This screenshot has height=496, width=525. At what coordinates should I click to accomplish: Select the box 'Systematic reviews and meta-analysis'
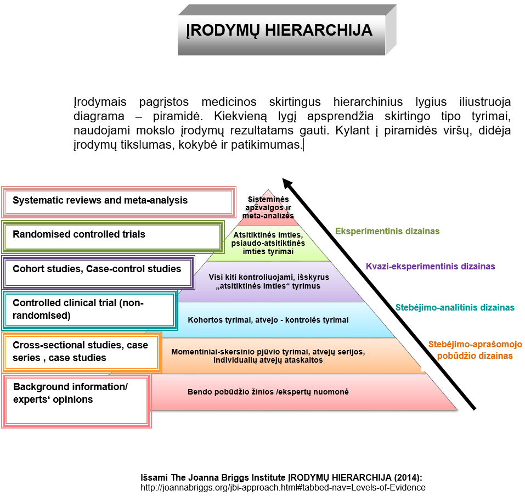coord(117,201)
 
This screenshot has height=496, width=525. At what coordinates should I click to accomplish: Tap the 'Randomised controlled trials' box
coord(113,235)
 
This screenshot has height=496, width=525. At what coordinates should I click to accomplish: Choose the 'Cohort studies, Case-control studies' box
coord(98,270)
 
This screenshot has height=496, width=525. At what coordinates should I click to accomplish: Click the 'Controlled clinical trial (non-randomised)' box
coord(88,309)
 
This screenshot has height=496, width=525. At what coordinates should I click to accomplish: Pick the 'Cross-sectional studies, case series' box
coord(81,352)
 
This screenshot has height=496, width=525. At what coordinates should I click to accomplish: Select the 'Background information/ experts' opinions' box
coord(77,401)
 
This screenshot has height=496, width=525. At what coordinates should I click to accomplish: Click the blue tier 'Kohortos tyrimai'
coord(268,320)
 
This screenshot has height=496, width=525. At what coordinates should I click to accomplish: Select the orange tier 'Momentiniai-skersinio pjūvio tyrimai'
coord(268,356)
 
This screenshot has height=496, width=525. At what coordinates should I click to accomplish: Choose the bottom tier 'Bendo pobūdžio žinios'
coord(268,392)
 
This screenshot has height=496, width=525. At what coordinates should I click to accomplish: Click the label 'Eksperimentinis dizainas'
coord(387,232)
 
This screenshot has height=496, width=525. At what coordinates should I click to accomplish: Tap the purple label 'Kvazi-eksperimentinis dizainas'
coord(431,267)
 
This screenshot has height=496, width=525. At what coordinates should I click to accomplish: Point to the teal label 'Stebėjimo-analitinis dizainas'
coord(455,308)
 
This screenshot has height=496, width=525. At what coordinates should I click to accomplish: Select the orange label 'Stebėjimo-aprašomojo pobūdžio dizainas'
coord(475,350)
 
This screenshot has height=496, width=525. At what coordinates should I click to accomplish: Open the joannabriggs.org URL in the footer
coord(283,487)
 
